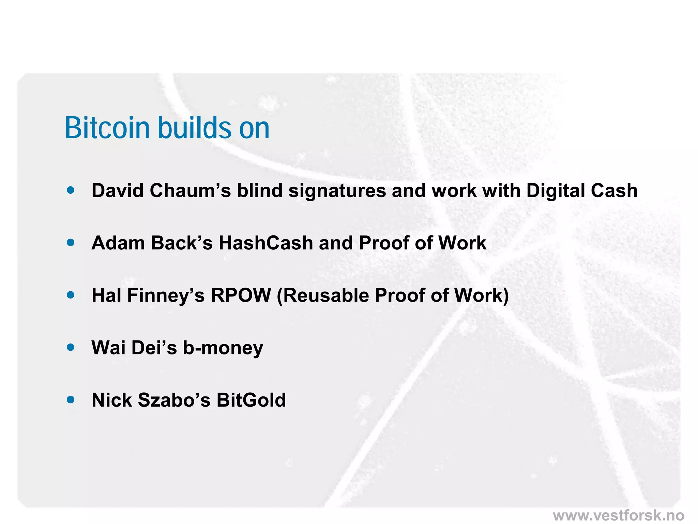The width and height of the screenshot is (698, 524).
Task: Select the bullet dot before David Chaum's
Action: coord(71,190)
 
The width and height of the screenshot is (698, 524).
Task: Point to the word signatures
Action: coord(337,190)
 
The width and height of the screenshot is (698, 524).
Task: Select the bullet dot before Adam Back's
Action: coord(71,243)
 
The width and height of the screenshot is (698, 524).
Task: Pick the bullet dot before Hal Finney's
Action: coord(71,295)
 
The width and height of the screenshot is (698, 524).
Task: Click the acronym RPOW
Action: coord(241,295)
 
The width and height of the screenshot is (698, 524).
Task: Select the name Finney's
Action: coord(166,296)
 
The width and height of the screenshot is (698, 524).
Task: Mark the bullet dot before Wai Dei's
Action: coord(71,347)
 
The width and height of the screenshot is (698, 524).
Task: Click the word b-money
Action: coord(223,348)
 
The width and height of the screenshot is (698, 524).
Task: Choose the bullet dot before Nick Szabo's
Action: coord(71,399)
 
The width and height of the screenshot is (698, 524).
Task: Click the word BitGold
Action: coord(251,400)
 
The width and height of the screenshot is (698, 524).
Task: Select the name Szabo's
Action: coord(174,400)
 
